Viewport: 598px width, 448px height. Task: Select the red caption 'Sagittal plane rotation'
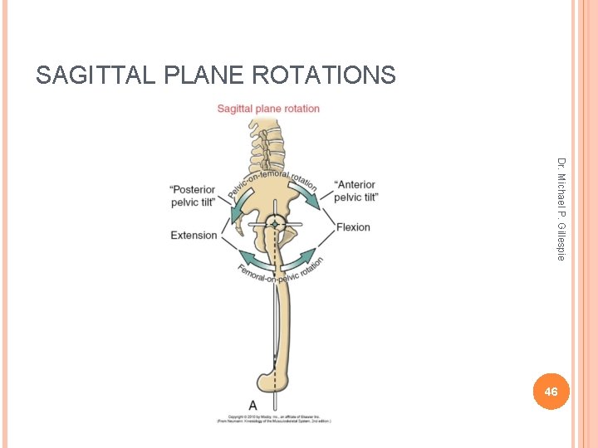point(268,109)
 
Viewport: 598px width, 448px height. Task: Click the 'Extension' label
point(194,236)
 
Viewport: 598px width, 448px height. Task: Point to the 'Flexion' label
point(353,227)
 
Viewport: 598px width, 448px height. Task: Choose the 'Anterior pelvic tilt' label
point(355,191)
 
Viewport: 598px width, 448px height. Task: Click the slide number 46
point(551,391)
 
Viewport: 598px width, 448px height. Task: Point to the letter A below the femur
point(252,404)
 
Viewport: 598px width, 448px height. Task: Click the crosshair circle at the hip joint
point(275,224)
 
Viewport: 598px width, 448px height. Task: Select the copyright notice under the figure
point(274,418)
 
